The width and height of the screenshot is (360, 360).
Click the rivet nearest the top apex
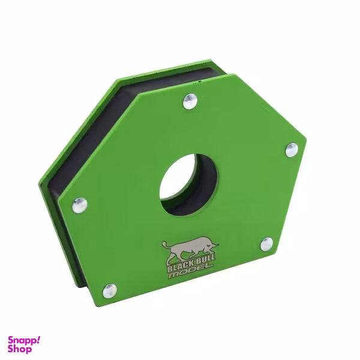point(190,100)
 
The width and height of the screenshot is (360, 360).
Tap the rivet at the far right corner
point(291,149)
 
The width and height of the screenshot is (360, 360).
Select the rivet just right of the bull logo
point(266,244)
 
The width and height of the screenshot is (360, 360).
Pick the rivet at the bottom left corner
point(109,291)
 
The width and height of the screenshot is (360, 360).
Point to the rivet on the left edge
point(80,205)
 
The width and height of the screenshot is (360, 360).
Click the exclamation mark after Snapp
point(38,339)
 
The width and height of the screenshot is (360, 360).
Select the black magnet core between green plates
point(90,138)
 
